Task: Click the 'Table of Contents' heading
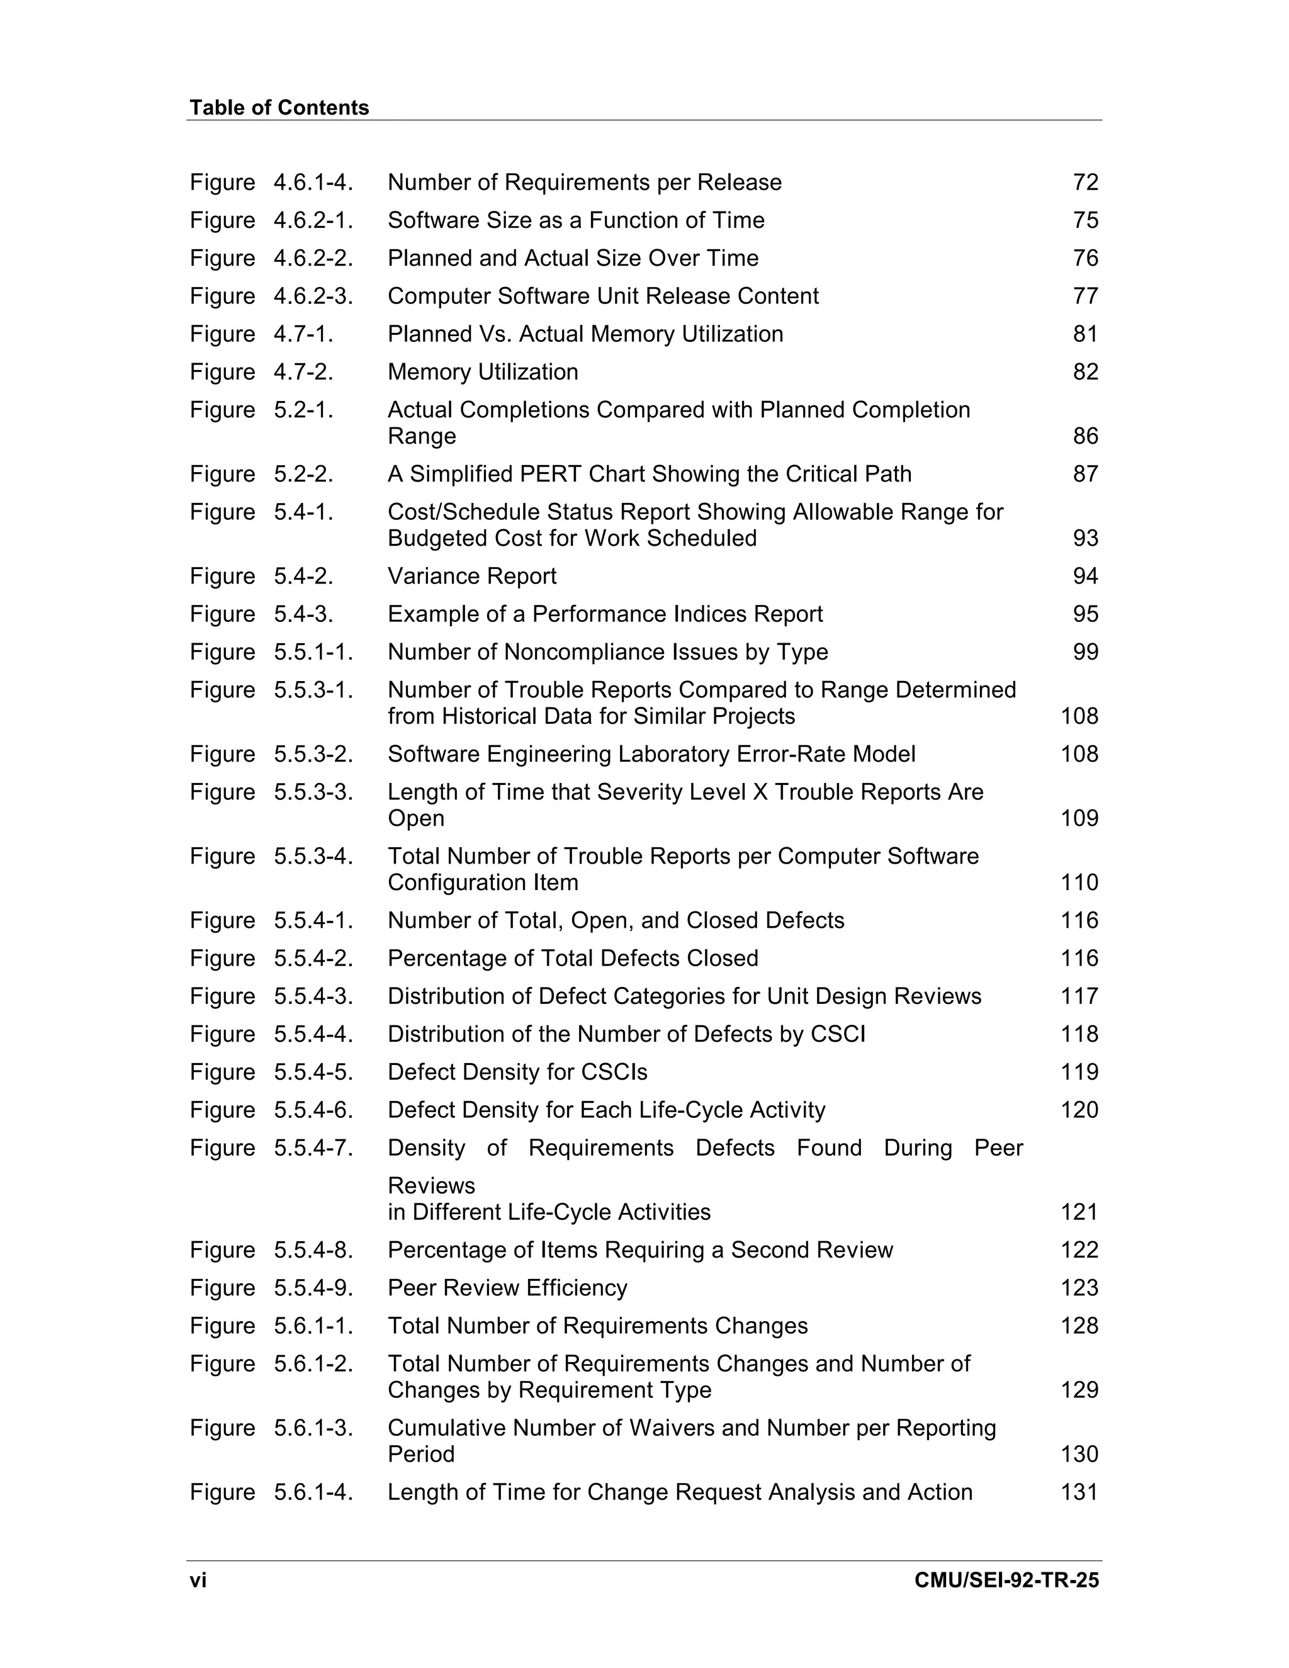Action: [279, 108]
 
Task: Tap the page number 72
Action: [1085, 183]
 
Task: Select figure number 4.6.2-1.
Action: [313, 220]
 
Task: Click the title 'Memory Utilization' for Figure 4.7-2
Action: [483, 372]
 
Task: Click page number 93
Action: [1085, 538]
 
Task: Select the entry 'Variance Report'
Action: [472, 576]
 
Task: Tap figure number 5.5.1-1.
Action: [313, 652]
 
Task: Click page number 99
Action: [1085, 652]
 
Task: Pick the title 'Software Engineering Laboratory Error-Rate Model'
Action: [651, 755]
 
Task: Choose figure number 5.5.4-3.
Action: [313, 996]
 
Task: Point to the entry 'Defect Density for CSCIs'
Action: [517, 1073]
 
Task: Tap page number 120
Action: [1079, 1110]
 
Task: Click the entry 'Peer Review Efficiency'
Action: [507, 1288]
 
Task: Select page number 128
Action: [1079, 1326]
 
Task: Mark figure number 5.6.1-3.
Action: [313, 1428]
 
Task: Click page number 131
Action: [1079, 1492]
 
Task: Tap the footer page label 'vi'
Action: [198, 1580]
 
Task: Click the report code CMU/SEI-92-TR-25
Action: [1006, 1580]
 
